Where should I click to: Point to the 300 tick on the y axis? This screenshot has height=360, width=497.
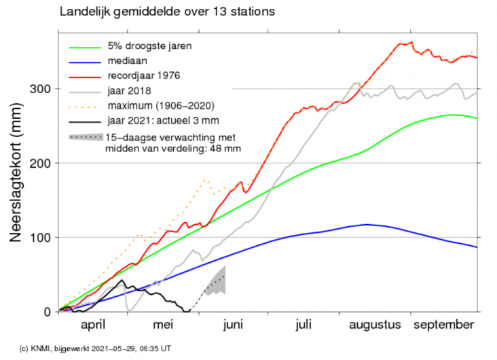[x=41, y=89]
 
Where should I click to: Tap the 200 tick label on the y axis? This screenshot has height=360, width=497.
[x=41, y=163]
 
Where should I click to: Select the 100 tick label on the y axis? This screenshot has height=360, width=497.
[x=41, y=238]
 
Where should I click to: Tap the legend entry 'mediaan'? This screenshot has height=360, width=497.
[x=127, y=60]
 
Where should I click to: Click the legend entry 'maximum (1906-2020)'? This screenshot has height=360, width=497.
[x=161, y=105]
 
